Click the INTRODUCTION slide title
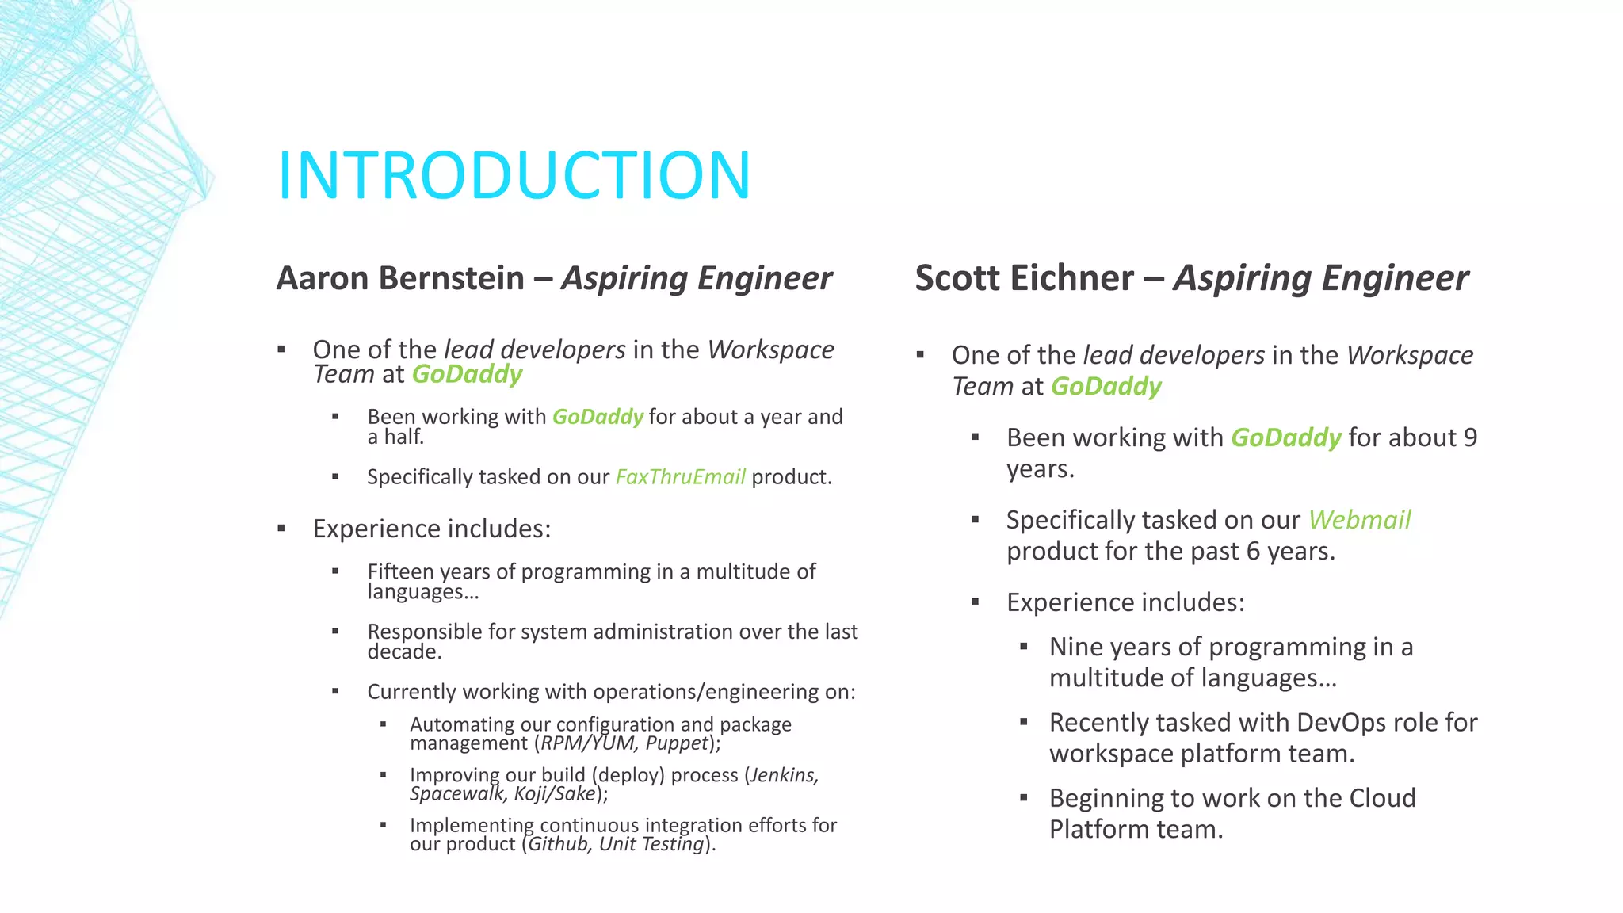click(514, 175)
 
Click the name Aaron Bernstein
click(400, 278)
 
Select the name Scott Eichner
click(1024, 278)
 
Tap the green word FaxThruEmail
click(680, 477)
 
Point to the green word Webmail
click(1359, 520)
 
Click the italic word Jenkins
click(784, 774)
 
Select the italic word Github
click(559, 844)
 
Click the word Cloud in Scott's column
click(1382, 798)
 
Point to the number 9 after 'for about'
click(1470, 437)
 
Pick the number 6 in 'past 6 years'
click(1253, 552)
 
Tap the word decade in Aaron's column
click(403, 652)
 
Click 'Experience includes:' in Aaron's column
click(431, 529)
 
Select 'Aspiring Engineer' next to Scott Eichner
click(1320, 278)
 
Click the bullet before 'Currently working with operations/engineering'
click(335, 692)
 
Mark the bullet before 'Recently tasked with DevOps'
click(1024, 723)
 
